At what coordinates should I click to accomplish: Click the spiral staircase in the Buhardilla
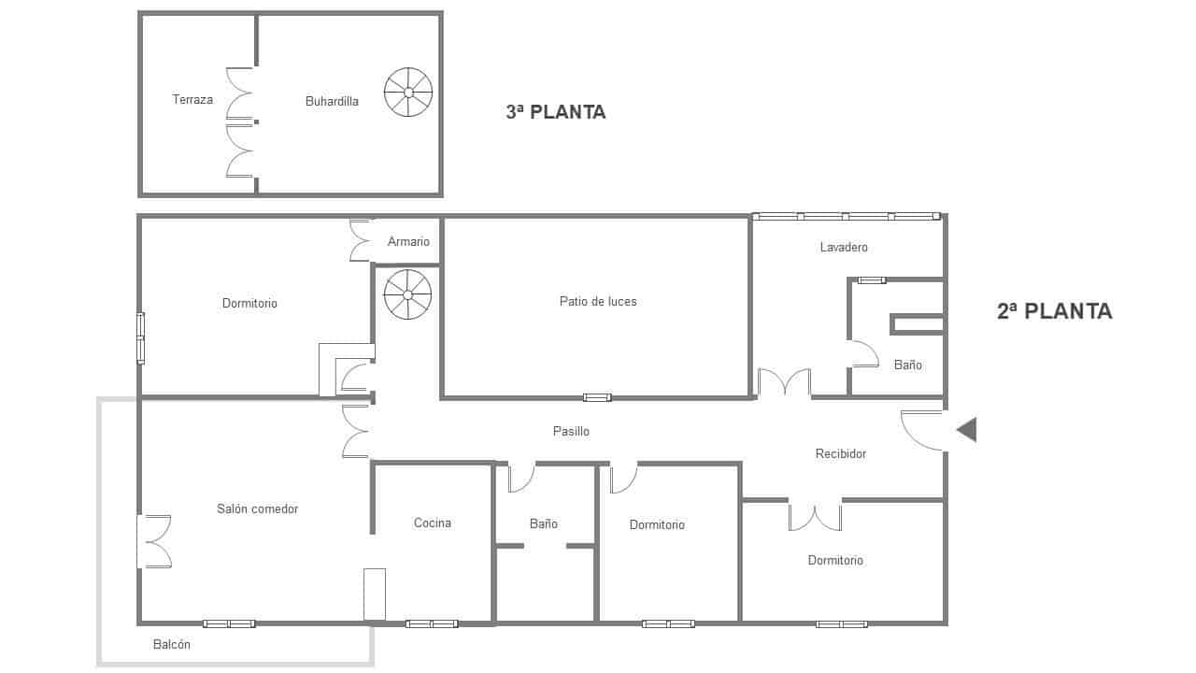click(x=408, y=93)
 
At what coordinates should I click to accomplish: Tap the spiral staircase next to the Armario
click(x=408, y=294)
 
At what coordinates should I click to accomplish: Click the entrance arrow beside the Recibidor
click(x=966, y=430)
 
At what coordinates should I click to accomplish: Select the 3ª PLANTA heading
click(x=556, y=112)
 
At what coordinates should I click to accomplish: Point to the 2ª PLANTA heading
click(x=1054, y=311)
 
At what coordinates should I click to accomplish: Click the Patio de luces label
click(x=598, y=301)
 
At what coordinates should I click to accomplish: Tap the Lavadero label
click(x=844, y=248)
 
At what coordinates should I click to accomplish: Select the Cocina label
click(x=433, y=523)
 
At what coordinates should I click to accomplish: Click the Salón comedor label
click(x=258, y=508)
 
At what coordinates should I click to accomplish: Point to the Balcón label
click(x=172, y=644)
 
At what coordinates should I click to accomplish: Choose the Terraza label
click(x=192, y=99)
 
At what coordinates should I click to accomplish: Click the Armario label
click(x=408, y=242)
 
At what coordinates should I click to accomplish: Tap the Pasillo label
click(x=571, y=431)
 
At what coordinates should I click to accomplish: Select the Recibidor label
click(x=841, y=453)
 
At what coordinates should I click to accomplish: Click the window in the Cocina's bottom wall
click(x=432, y=623)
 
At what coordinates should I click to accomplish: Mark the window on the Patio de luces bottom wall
click(x=597, y=397)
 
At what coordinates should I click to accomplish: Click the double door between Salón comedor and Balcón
click(x=154, y=541)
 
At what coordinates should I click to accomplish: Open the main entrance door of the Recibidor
click(x=922, y=430)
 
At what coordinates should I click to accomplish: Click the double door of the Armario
click(x=361, y=240)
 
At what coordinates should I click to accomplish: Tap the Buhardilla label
click(x=332, y=101)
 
